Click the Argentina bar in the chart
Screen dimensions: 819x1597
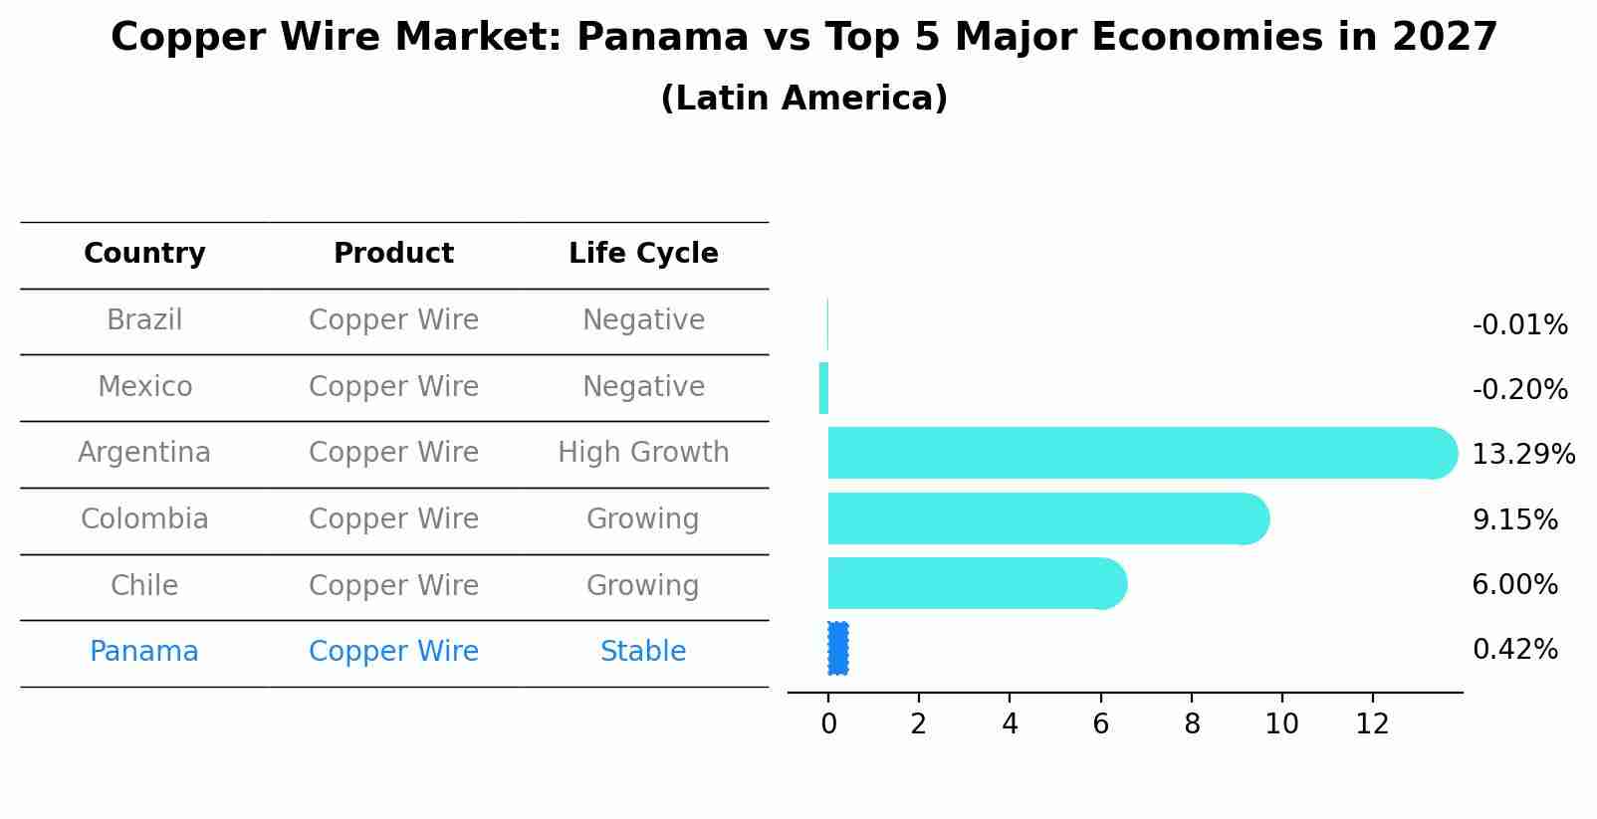click(1135, 453)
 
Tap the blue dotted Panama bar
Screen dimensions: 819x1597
click(837, 649)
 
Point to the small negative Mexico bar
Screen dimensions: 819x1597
click(823, 388)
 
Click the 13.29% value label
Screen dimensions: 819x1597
click(1522, 455)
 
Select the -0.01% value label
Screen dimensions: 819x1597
click(1519, 325)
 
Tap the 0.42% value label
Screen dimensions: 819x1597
click(1514, 650)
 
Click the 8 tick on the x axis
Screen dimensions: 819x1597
click(1191, 724)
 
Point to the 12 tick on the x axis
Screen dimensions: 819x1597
click(1372, 724)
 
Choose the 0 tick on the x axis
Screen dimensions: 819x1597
click(828, 724)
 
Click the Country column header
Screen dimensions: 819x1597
click(144, 254)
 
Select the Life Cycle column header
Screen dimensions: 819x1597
click(643, 254)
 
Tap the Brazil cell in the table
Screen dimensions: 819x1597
click(144, 320)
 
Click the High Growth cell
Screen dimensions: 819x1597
click(643, 453)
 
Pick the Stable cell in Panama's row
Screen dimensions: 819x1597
click(643, 652)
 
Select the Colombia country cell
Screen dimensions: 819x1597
click(144, 519)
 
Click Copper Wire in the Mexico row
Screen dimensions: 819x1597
click(393, 386)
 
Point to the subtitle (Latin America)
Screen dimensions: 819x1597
click(803, 99)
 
